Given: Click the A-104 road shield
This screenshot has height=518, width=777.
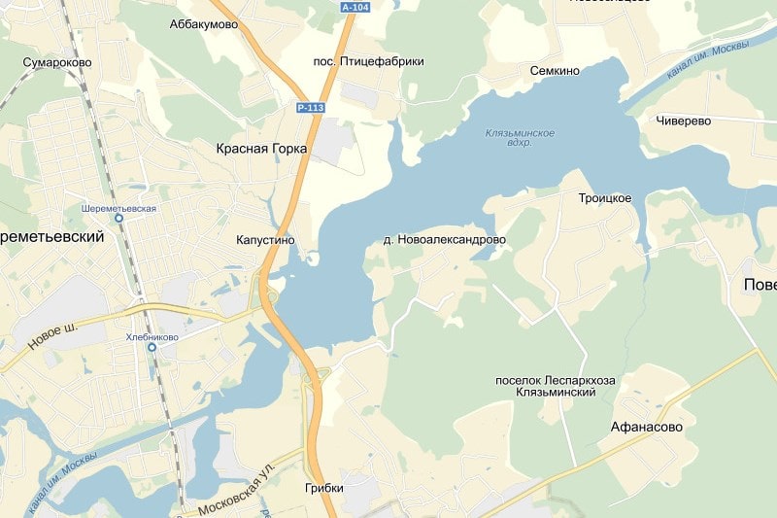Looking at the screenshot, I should tap(355, 7).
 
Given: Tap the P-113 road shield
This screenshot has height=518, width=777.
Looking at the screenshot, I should tap(310, 108).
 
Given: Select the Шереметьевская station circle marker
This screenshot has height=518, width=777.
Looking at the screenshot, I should tap(119, 220).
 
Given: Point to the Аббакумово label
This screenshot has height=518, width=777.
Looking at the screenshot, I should tap(203, 25).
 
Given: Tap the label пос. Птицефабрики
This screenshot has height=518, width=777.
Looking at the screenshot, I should tap(368, 61).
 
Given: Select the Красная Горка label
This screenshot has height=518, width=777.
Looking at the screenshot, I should tap(261, 149).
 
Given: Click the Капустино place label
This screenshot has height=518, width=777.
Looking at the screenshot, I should tap(264, 240).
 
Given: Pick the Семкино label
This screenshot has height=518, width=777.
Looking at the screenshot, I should tap(555, 71).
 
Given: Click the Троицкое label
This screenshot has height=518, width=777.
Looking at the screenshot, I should tap(605, 198).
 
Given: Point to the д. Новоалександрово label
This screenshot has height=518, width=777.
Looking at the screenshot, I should tap(445, 239).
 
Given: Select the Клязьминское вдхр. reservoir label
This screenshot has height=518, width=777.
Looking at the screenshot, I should tap(520, 137).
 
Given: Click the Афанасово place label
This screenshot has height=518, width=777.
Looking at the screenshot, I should tap(647, 427).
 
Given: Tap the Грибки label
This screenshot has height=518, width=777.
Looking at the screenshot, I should tap(323, 489).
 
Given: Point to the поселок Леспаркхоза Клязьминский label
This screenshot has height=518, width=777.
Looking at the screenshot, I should tap(555, 386).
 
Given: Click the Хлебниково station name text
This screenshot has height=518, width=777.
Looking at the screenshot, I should tap(152, 337).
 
